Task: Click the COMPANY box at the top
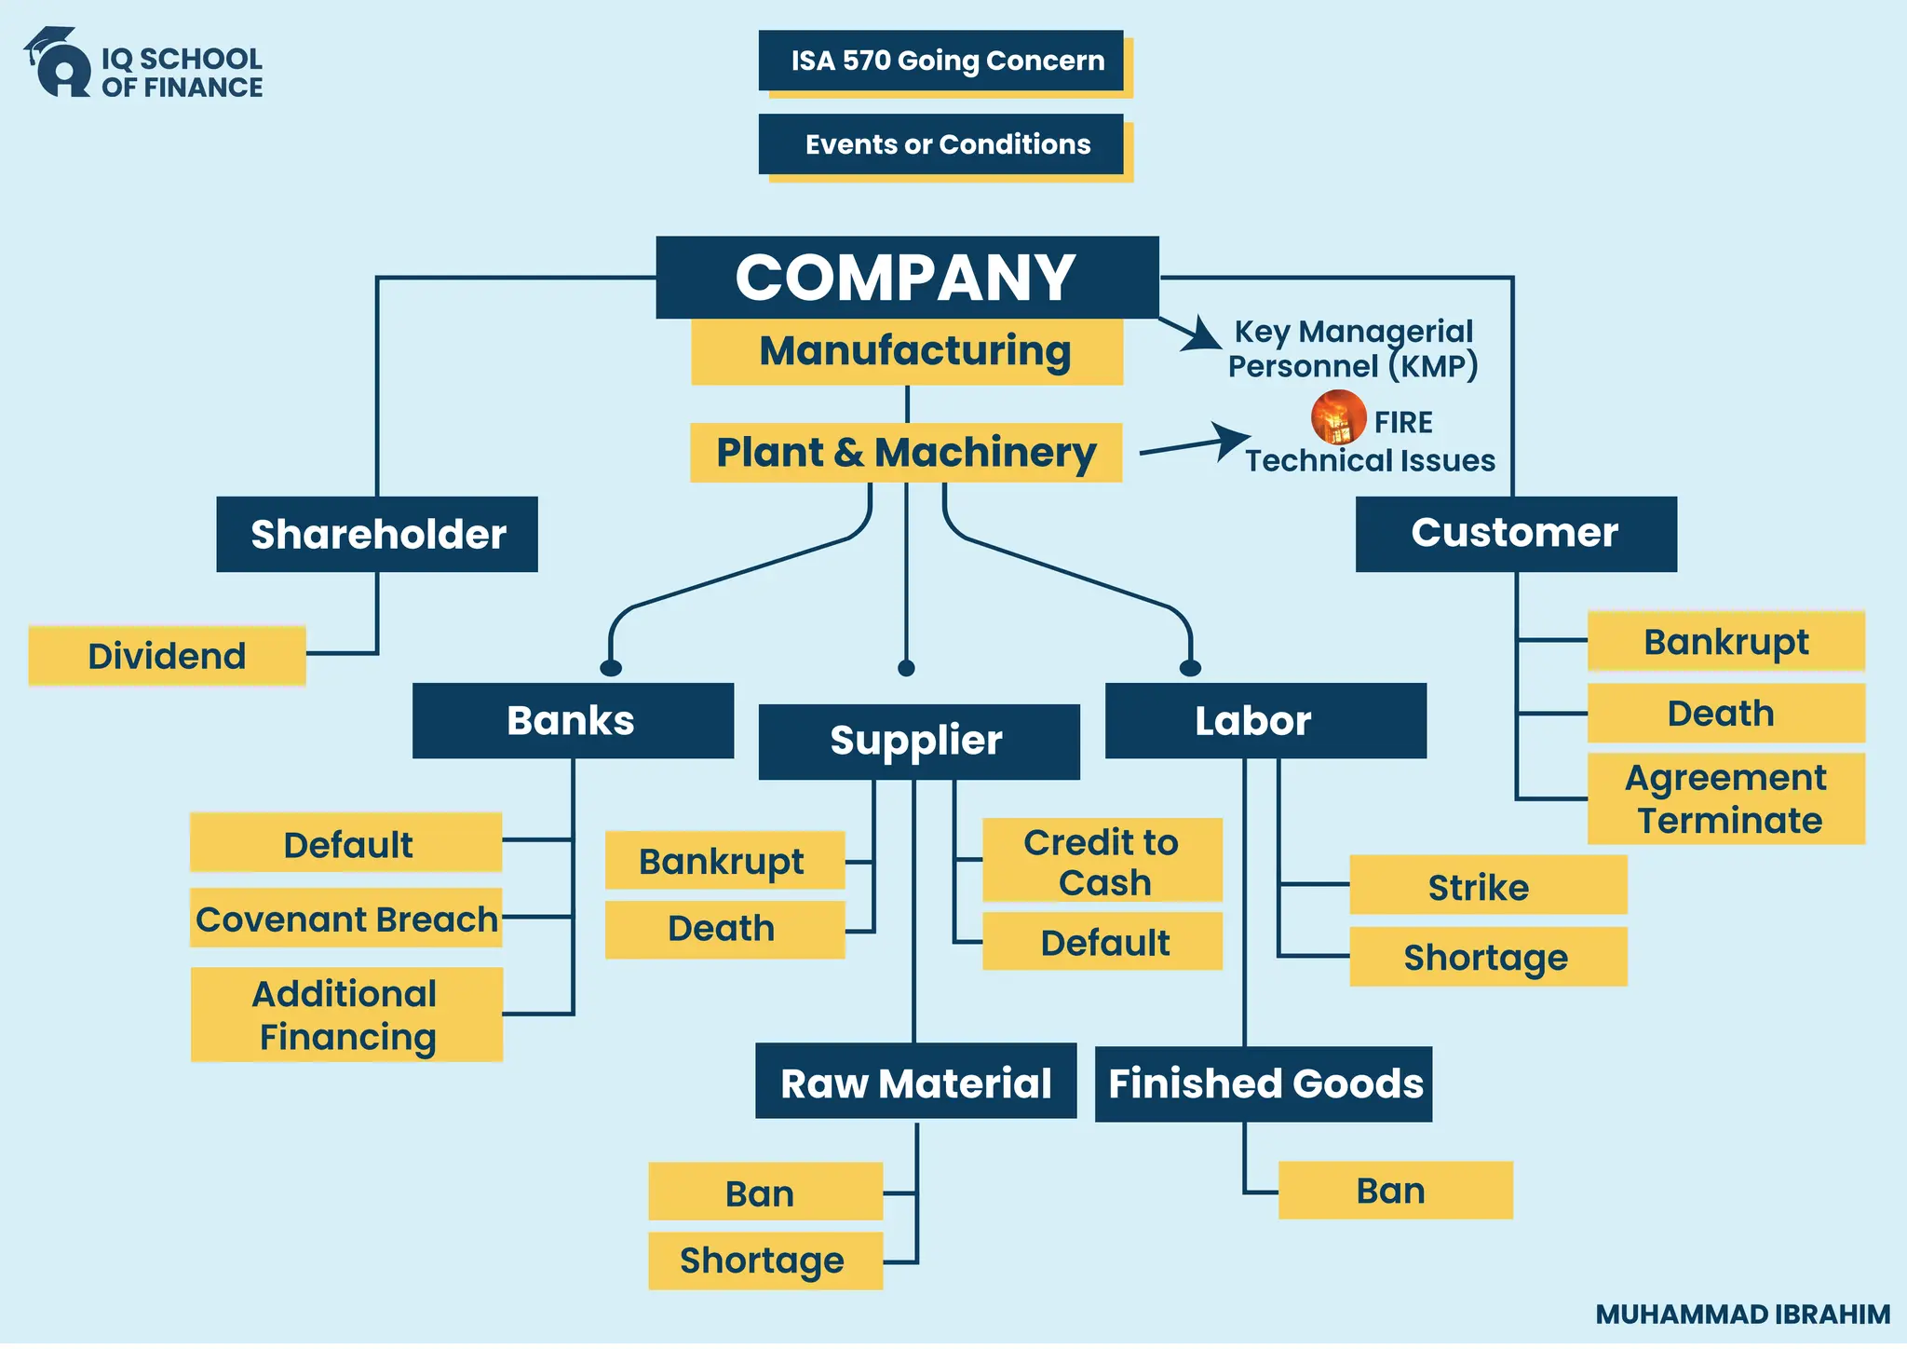(907, 278)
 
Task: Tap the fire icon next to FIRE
(1338, 417)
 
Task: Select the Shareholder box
(377, 535)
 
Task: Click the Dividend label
(168, 657)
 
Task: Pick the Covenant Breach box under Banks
(346, 920)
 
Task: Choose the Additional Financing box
(346, 1015)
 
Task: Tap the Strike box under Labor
(1487, 887)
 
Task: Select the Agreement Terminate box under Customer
(1725, 799)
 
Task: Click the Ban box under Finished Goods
(1394, 1192)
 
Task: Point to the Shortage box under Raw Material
(764, 1261)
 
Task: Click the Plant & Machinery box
(906, 453)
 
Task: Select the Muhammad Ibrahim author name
(1742, 1315)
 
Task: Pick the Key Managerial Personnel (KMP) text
(1353, 349)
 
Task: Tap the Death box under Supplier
(724, 930)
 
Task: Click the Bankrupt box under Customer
(1725, 642)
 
